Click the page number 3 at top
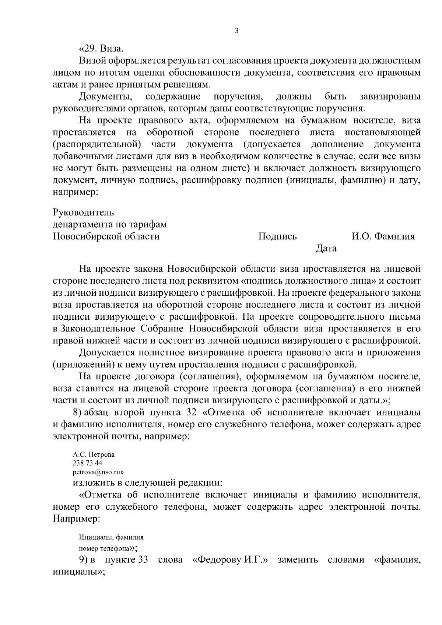tap(236, 31)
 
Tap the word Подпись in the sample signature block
tap(277, 236)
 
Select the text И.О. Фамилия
tap(383, 236)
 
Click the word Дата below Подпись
tap(326, 249)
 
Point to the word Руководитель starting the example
tap(83, 213)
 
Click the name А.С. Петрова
tap(94, 454)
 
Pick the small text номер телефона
tap(106, 548)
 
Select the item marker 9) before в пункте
tap(83, 561)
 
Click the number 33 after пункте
tap(143, 561)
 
